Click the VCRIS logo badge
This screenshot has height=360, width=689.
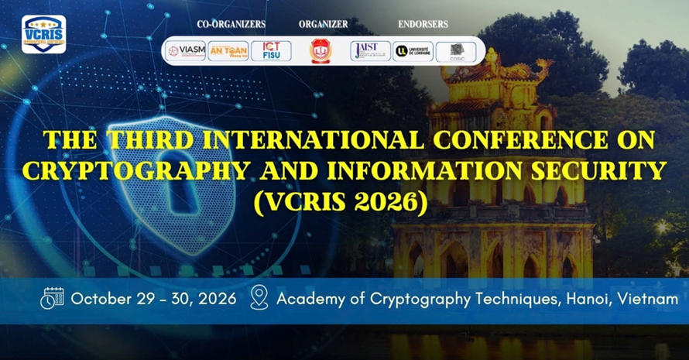click(43, 34)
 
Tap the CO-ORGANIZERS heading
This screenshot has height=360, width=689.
click(231, 25)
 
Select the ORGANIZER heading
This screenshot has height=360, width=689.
click(323, 25)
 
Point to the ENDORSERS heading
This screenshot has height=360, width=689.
click(423, 25)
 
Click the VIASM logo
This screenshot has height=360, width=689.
click(185, 51)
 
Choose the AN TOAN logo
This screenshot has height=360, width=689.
click(228, 51)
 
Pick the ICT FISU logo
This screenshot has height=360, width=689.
click(271, 51)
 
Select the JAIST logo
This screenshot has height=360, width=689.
click(370, 51)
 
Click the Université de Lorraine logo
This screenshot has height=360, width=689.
click(413, 51)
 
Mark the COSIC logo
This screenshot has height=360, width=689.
click(456, 51)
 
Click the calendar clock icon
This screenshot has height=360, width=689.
click(53, 299)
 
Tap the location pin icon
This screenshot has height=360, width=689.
click(259, 299)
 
